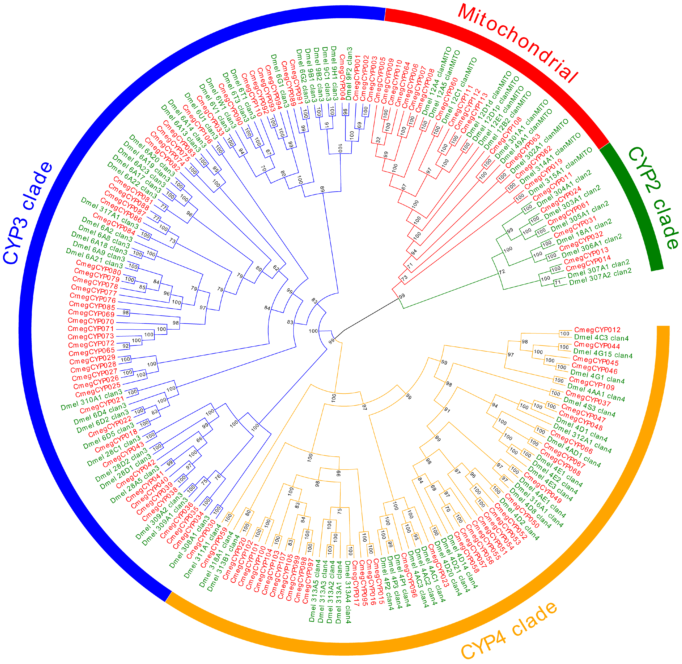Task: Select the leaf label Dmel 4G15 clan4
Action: point(603,354)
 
